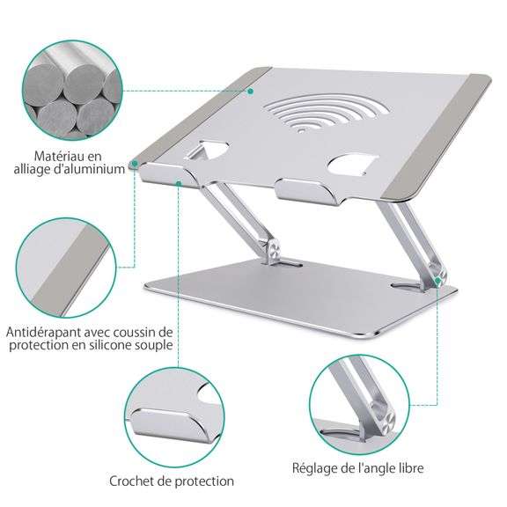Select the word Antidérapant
[43, 332]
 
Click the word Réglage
[314, 468]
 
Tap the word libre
[410, 468]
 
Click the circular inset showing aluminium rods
[73, 91]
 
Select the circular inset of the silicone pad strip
[66, 268]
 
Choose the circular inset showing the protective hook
[174, 417]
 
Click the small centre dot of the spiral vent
[301, 130]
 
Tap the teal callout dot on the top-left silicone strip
[250, 92]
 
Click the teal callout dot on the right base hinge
[437, 280]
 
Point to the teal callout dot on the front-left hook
[179, 184]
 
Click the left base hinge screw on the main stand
[274, 251]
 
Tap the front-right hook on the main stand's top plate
[306, 191]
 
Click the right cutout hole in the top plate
[353, 165]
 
